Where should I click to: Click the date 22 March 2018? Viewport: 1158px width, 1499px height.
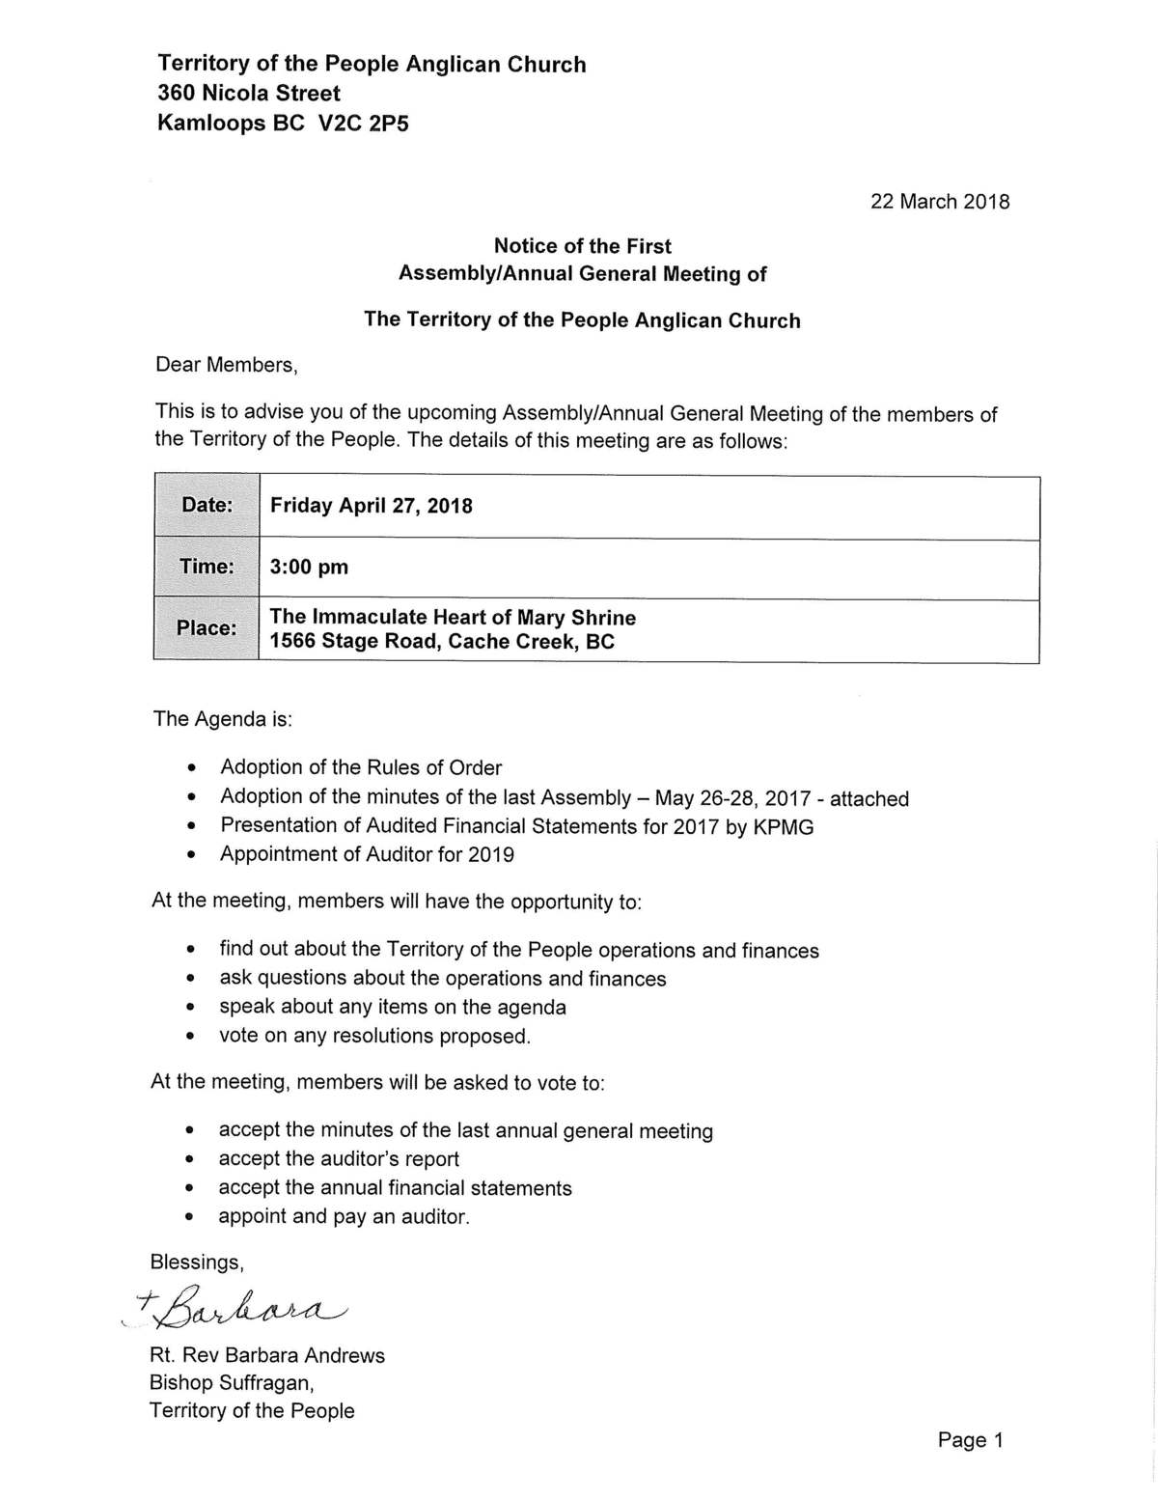click(x=939, y=202)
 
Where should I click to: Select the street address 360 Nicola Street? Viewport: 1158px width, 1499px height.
click(x=249, y=94)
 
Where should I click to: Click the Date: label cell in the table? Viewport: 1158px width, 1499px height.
click(x=207, y=506)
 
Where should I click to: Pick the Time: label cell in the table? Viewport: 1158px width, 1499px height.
click(x=207, y=567)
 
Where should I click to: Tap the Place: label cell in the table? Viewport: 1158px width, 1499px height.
click(x=206, y=628)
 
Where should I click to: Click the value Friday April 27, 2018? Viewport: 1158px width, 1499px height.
click(x=371, y=506)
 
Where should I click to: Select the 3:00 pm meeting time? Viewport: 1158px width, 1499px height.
click(x=309, y=567)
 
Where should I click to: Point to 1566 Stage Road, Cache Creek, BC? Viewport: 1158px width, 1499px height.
click(x=441, y=642)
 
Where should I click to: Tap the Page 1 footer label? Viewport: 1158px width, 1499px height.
click(x=970, y=1440)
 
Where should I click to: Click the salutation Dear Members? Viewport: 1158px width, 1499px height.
click(x=226, y=365)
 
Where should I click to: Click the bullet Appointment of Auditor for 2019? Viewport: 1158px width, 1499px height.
click(x=367, y=854)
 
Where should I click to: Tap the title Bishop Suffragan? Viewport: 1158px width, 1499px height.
click(x=232, y=1383)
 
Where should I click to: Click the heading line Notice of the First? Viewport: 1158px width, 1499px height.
click(x=582, y=246)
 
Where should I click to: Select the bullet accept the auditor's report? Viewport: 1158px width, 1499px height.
click(x=339, y=1159)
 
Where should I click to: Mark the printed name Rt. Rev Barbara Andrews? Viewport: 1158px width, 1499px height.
click(x=266, y=1355)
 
